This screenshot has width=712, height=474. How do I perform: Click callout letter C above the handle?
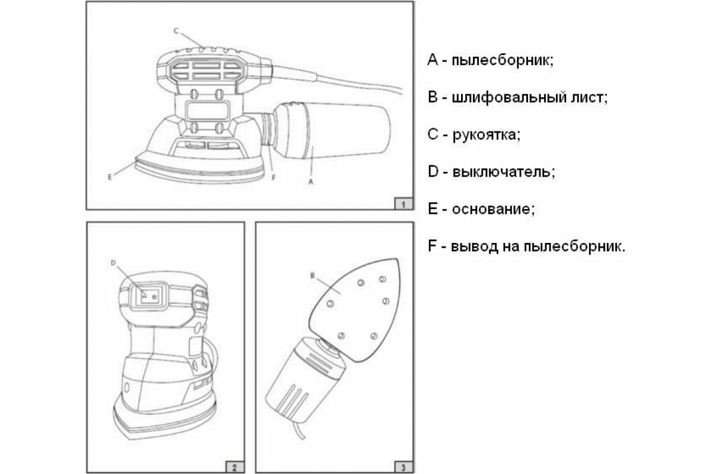[x=176, y=30]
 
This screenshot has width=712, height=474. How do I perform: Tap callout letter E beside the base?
[x=111, y=176]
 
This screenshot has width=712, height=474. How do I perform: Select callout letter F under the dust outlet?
[x=274, y=176]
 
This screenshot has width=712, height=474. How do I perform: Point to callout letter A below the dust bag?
[x=311, y=184]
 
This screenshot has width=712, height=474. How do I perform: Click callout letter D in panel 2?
[x=113, y=261]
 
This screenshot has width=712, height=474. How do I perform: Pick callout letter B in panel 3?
[x=311, y=276]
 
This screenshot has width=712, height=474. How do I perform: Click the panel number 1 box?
[x=403, y=204]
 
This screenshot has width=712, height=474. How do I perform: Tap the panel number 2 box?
[x=234, y=467]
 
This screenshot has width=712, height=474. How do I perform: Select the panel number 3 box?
[x=403, y=467]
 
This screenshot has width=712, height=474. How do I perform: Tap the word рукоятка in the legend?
[x=486, y=134]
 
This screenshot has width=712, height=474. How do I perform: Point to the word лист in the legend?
[x=590, y=98]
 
